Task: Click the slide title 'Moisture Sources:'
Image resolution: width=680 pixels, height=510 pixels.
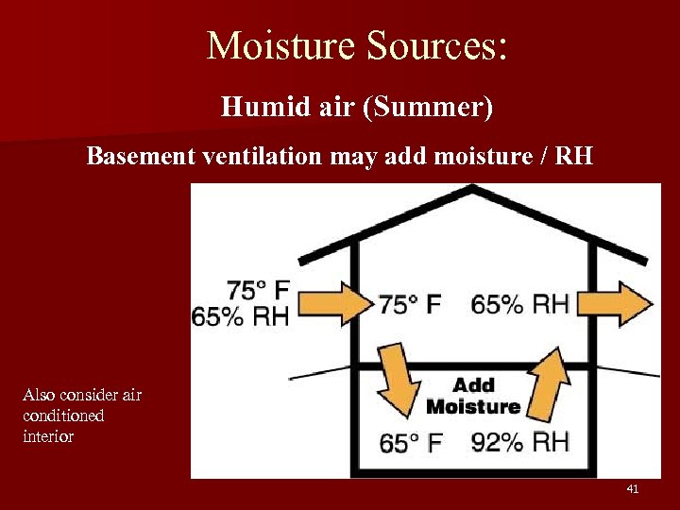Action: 357,45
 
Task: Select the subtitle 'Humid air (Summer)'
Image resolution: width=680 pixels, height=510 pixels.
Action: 357,107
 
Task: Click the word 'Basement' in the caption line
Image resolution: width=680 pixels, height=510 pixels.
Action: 141,156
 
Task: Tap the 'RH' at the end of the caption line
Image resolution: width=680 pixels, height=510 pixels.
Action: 575,156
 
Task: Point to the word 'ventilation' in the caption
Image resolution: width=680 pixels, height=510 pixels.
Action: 262,156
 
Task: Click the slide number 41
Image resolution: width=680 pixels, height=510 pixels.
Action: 633,489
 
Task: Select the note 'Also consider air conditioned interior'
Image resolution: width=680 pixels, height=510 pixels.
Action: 81,416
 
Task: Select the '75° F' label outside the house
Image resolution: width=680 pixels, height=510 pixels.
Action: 258,290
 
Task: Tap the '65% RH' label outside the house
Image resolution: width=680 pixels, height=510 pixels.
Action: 241,316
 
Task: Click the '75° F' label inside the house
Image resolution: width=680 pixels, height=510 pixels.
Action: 410,304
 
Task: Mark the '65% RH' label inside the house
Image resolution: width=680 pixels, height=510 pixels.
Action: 520,304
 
